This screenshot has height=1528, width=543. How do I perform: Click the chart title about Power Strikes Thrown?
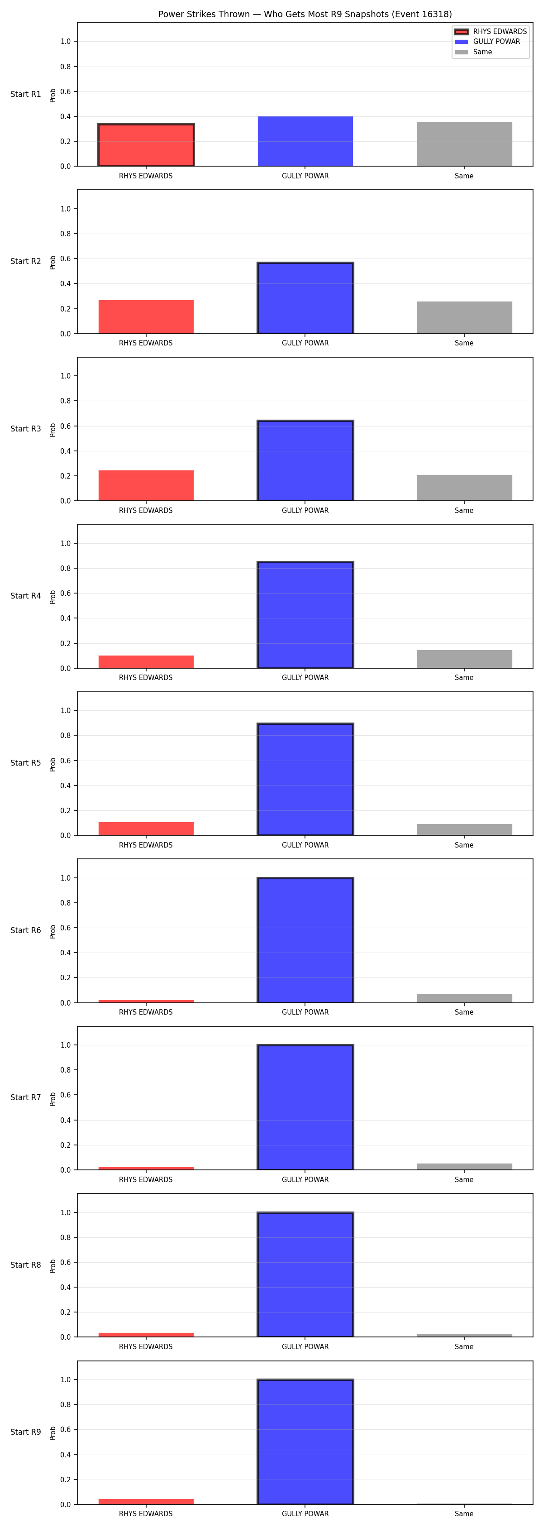point(305,14)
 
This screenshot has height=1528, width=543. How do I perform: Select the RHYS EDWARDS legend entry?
point(490,31)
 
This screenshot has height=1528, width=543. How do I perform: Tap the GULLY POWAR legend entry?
point(487,42)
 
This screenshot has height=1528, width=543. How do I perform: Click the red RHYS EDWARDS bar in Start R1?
point(146,145)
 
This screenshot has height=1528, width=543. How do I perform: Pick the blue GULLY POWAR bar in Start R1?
point(305,141)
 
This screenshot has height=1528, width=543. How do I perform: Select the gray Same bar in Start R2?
point(464,317)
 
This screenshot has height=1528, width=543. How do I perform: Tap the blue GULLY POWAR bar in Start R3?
point(305,461)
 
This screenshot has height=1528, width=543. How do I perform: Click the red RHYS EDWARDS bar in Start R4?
point(146,661)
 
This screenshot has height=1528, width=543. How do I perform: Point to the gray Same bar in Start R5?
point(464,829)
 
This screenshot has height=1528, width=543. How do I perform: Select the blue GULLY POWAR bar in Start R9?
point(305,1442)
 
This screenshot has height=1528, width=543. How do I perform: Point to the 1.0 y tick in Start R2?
point(65,209)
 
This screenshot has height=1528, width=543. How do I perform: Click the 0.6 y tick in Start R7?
point(65,1095)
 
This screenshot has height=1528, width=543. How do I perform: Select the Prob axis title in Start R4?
point(53,596)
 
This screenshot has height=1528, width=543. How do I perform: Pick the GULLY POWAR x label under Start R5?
point(305,845)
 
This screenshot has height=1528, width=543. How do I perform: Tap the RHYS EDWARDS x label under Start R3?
point(146,511)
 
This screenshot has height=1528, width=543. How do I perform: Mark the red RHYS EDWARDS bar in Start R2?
point(146,317)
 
